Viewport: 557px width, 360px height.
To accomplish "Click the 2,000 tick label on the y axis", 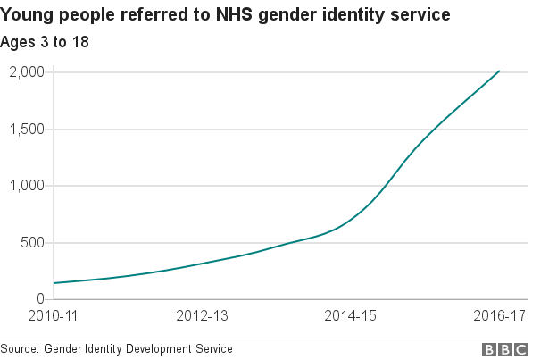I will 27,72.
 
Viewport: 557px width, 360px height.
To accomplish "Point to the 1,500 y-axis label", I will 27,130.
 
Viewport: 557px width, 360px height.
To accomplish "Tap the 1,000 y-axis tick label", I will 27,186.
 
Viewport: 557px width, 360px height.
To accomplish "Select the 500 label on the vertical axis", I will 33,243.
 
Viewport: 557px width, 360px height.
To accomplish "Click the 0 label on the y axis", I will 41,299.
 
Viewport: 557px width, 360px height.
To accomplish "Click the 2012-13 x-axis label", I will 203,317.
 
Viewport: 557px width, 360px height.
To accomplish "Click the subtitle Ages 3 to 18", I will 45,42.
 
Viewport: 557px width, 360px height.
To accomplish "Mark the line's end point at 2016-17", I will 500,71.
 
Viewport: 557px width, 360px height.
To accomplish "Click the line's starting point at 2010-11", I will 54,283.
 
